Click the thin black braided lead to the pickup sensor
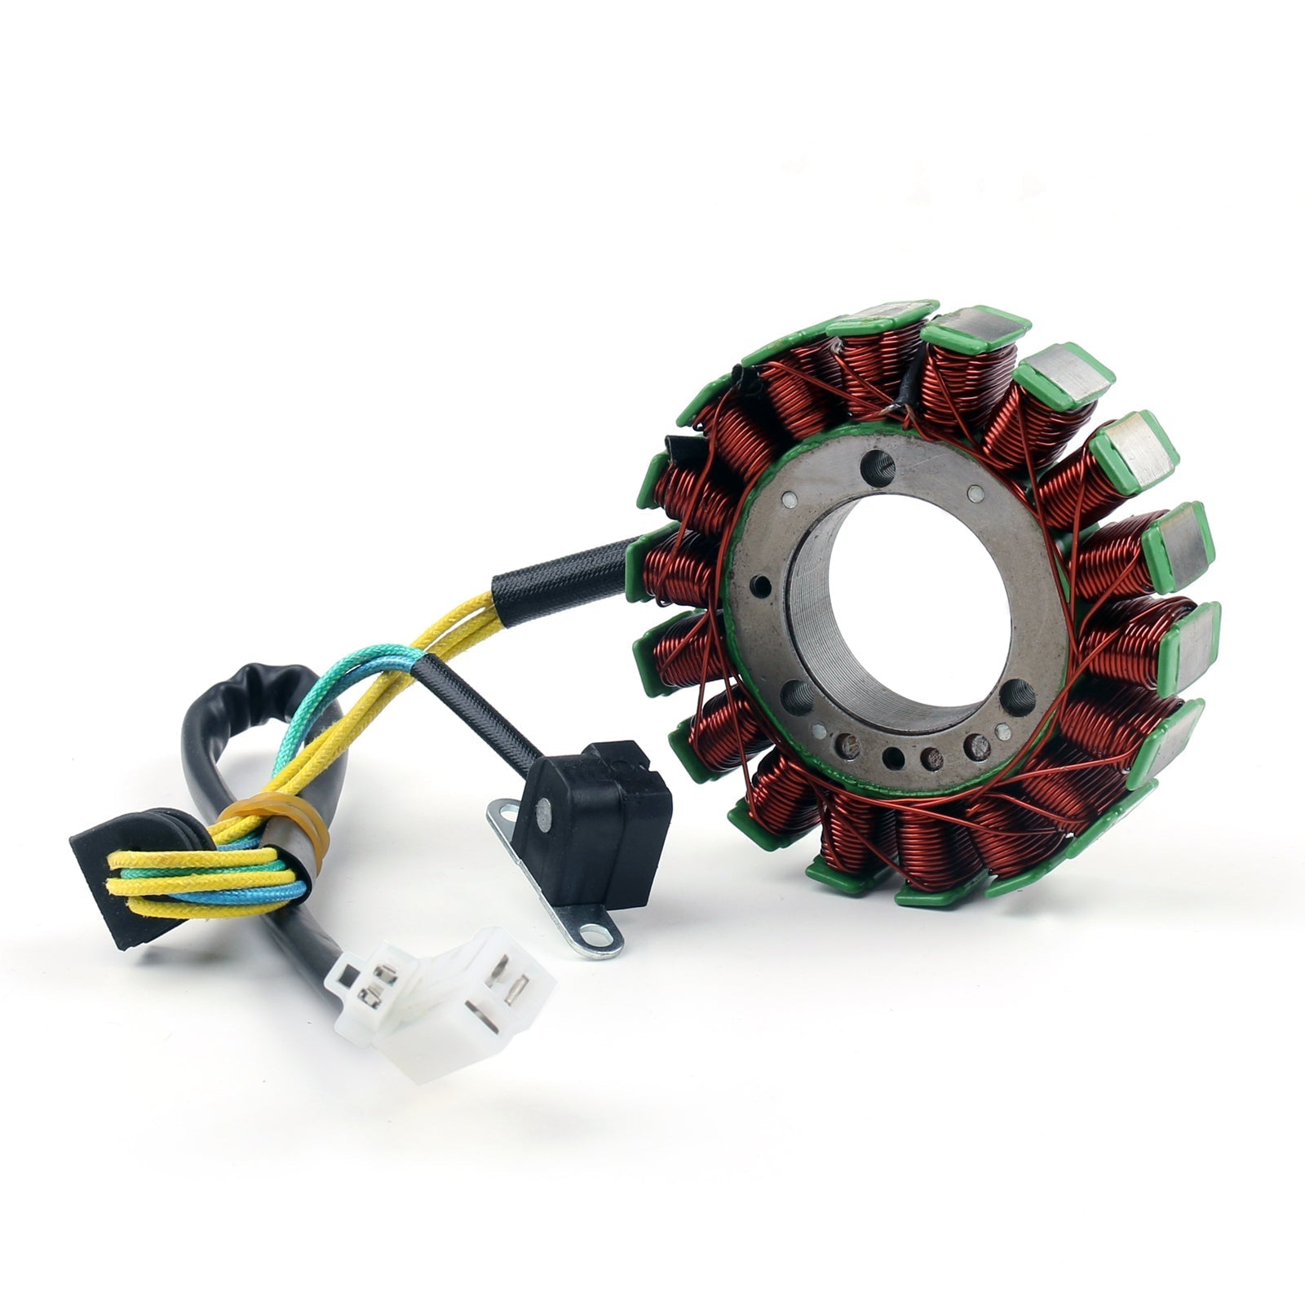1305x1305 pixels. tap(481, 710)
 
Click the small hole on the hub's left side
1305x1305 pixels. tap(762, 585)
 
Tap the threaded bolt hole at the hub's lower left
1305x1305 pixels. tap(795, 696)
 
